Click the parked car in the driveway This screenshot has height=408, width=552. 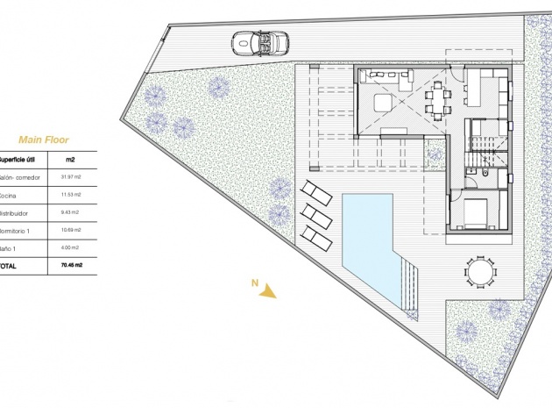tap(255, 41)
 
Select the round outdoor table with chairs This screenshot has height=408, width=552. tap(479, 271)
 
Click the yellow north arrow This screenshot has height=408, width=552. tap(268, 292)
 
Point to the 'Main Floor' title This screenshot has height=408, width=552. tap(43, 139)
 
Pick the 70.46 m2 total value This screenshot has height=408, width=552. tap(71, 264)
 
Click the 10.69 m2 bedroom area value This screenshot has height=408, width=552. tap(71, 231)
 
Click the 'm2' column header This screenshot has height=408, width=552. tap(70, 160)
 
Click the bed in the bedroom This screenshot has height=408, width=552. tap(478, 212)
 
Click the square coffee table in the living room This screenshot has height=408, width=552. tap(384, 104)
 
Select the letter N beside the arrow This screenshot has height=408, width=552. tap(254, 283)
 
